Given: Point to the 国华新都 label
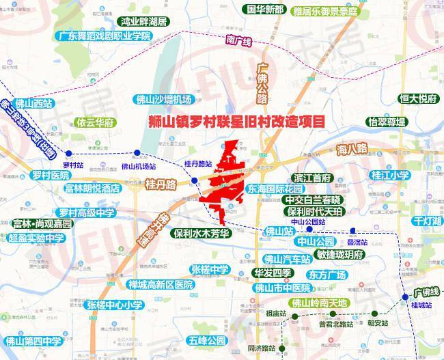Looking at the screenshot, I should coord(265,10).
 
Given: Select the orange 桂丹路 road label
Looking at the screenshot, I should coord(161,184).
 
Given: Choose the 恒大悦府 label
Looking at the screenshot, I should coord(417,98).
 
